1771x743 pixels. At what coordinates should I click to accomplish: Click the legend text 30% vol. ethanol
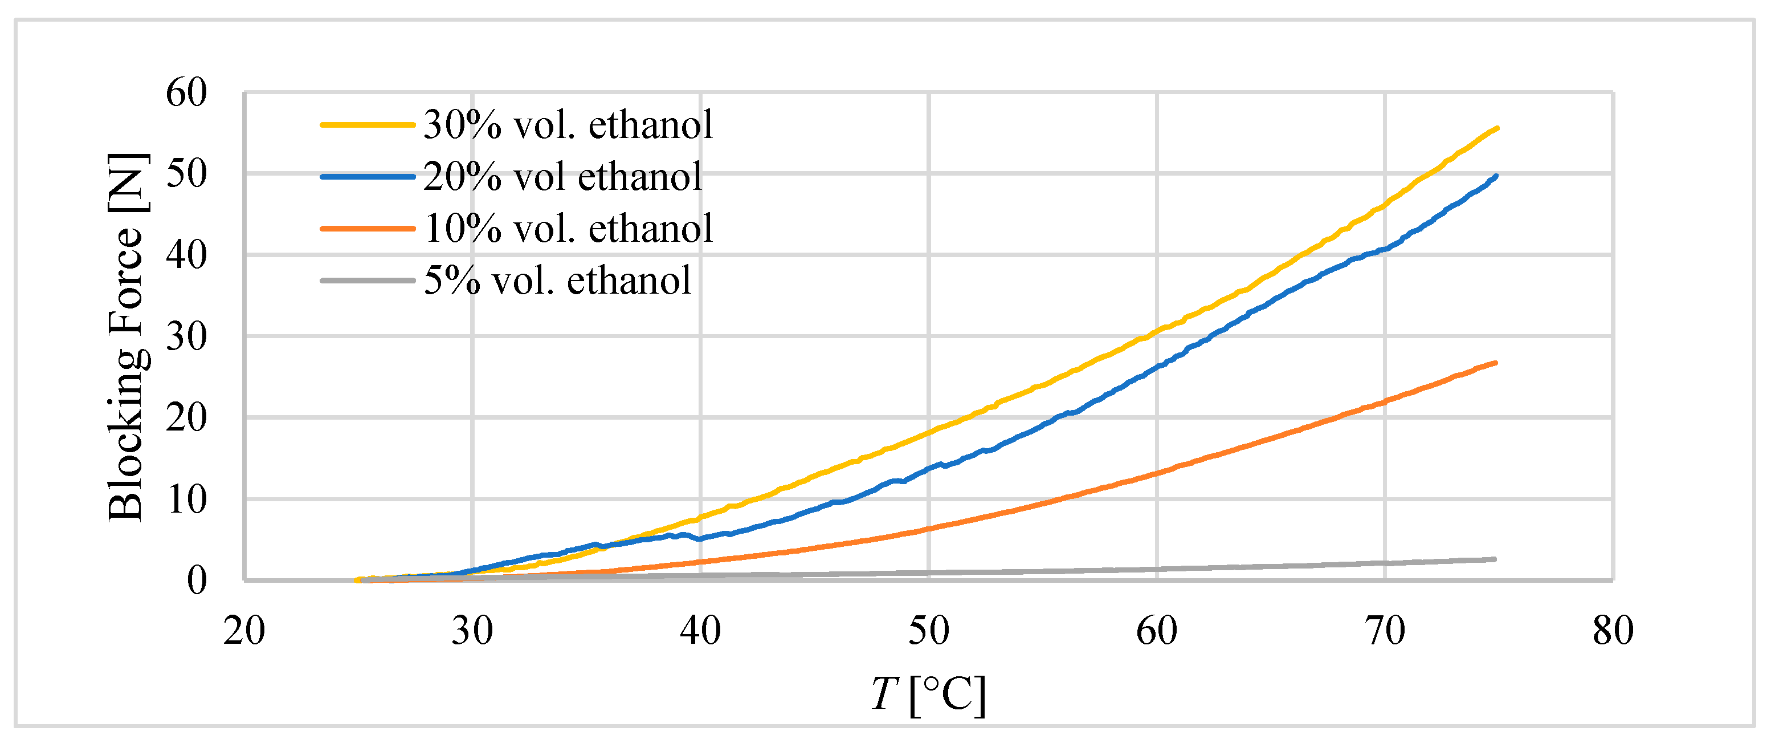tap(568, 125)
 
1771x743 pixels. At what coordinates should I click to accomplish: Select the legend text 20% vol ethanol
tap(562, 177)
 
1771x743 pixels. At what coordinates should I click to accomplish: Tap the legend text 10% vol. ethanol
tap(568, 229)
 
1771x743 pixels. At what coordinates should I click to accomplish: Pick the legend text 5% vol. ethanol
tap(557, 281)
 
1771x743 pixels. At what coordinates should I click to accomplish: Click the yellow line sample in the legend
tap(368, 125)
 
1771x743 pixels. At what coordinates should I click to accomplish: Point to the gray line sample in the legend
tap(368, 281)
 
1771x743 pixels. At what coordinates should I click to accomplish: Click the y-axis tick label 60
tap(186, 92)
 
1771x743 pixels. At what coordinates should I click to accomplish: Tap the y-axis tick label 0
tap(197, 580)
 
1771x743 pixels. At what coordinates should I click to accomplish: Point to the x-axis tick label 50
tap(928, 631)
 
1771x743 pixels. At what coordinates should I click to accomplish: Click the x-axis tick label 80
tap(1613, 631)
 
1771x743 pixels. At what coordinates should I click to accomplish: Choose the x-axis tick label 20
tap(244, 631)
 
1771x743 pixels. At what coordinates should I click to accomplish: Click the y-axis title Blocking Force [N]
tap(126, 337)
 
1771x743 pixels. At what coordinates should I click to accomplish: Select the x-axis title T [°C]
tap(928, 695)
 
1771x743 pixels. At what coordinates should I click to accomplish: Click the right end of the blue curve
tap(1496, 176)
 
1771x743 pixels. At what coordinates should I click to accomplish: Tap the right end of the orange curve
tap(1495, 363)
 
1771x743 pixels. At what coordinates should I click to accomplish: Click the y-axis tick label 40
tap(186, 255)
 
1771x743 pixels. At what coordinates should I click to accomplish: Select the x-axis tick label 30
tap(472, 631)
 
